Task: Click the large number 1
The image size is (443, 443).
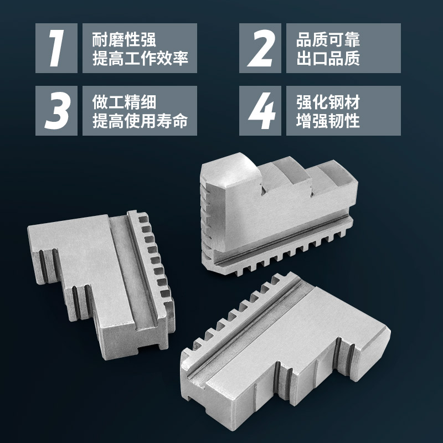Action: [x=56, y=48]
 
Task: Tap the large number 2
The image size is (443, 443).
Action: [x=260, y=48]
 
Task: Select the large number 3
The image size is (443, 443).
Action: [x=56, y=110]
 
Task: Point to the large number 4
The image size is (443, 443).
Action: [x=260, y=110]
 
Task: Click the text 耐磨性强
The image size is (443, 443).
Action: [x=124, y=39]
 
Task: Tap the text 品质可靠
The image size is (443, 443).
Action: [x=328, y=39]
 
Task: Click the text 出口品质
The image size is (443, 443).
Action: [x=328, y=58]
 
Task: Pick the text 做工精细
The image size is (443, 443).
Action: [x=124, y=102]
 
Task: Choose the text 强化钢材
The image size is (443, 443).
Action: [x=328, y=102]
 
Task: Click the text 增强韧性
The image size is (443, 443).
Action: [x=328, y=120]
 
